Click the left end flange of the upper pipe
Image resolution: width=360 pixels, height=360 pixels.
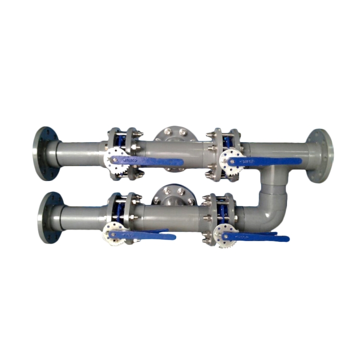click(x=46, y=153)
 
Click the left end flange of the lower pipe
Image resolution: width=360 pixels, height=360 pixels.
click(x=50, y=217)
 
